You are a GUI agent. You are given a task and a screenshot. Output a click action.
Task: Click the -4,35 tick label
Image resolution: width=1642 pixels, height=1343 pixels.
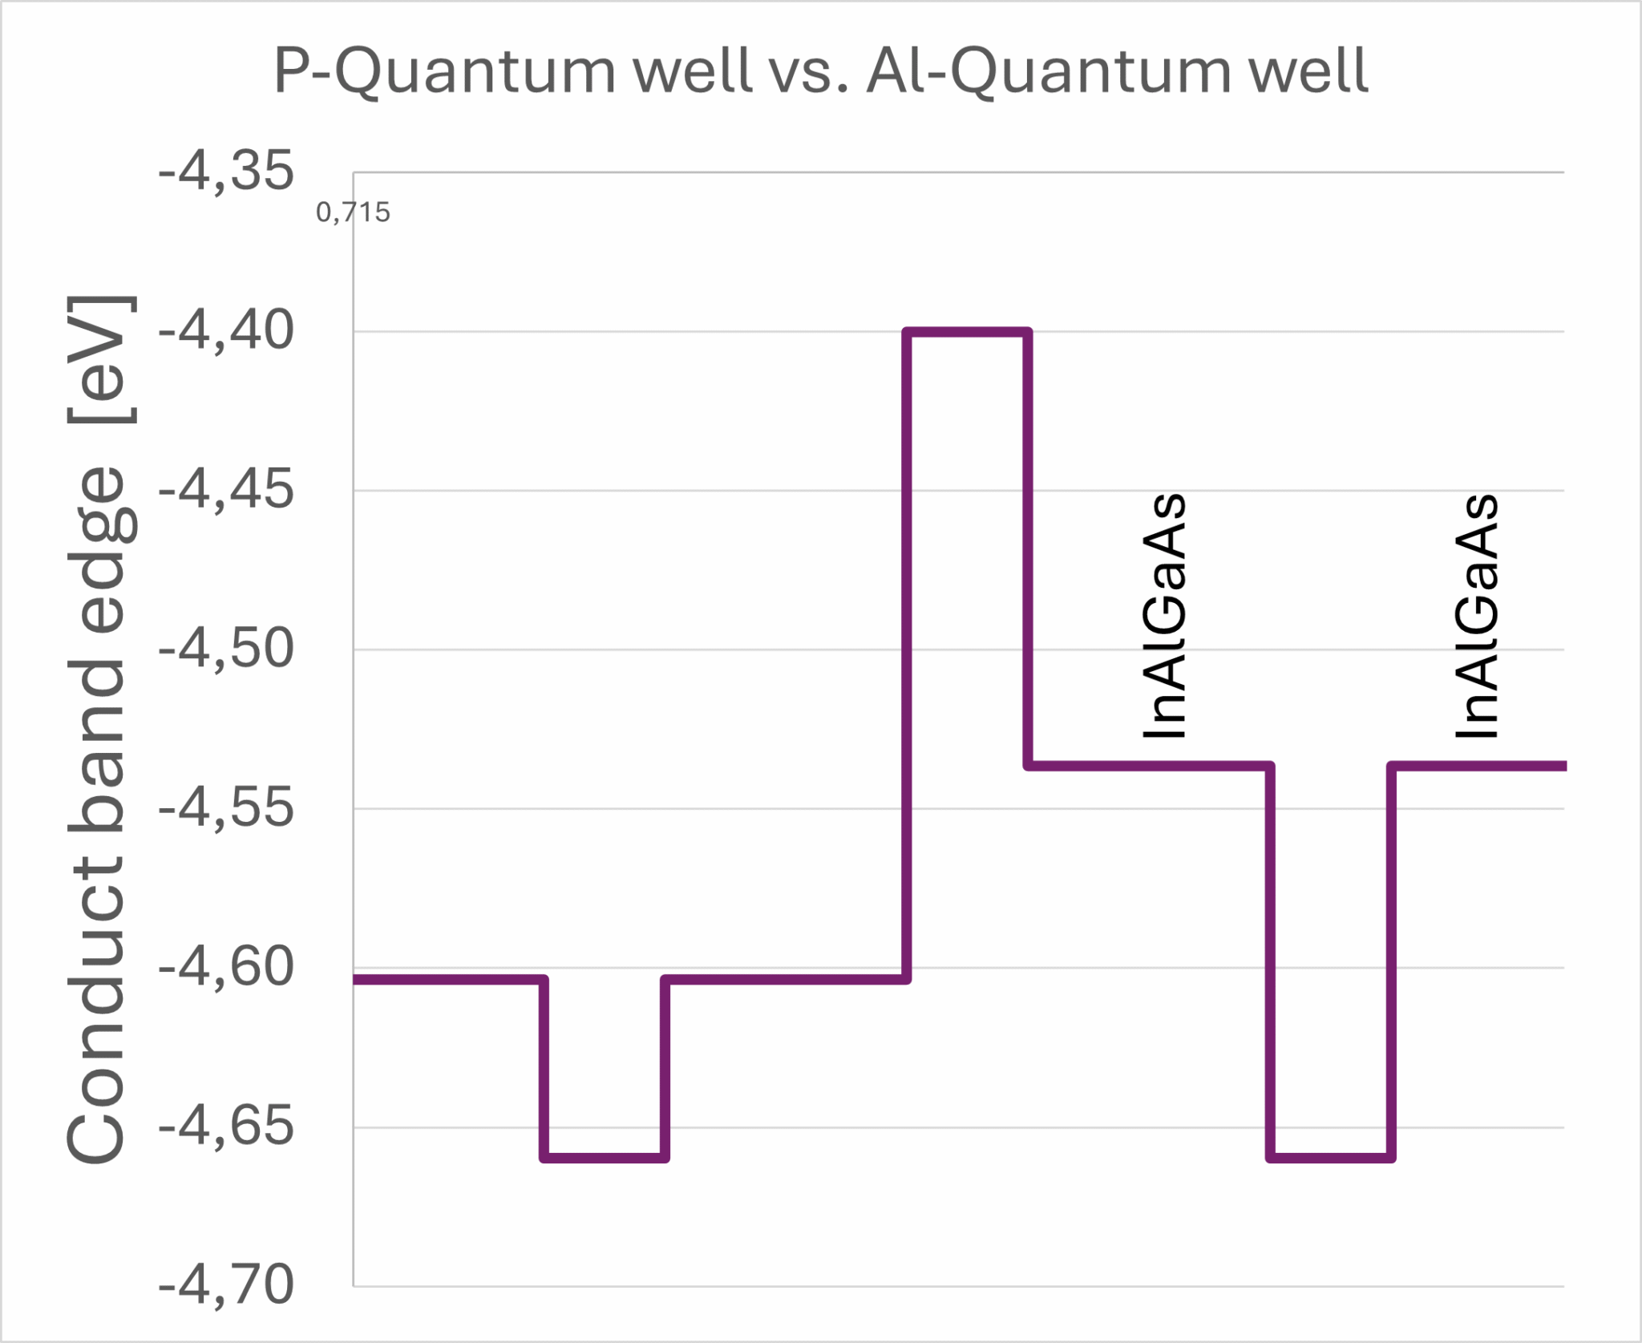226,172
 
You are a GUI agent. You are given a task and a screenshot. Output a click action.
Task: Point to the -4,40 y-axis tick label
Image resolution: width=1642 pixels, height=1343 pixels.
226,330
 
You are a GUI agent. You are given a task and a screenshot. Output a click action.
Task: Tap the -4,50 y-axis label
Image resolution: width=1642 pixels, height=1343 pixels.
226,649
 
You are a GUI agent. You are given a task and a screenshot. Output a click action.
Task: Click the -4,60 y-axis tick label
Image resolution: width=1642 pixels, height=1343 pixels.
226,967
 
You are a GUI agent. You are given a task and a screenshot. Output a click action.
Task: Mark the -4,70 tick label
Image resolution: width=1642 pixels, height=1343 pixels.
226,1285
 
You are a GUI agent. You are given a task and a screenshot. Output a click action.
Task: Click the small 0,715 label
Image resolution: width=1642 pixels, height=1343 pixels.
353,212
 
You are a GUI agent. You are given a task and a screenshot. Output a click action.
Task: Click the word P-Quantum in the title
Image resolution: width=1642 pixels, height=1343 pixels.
445,72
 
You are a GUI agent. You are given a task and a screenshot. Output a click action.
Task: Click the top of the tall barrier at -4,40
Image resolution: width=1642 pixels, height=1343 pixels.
967,331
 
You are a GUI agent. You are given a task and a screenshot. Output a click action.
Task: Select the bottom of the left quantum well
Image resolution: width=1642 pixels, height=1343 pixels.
605,1158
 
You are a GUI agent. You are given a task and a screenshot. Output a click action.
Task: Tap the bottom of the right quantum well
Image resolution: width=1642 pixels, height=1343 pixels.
1331,1158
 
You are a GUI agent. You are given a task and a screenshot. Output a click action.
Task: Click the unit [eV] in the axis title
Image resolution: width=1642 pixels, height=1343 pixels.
100,359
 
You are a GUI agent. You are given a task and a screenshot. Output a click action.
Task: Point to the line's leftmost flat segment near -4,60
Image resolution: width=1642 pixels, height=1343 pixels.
449,979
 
